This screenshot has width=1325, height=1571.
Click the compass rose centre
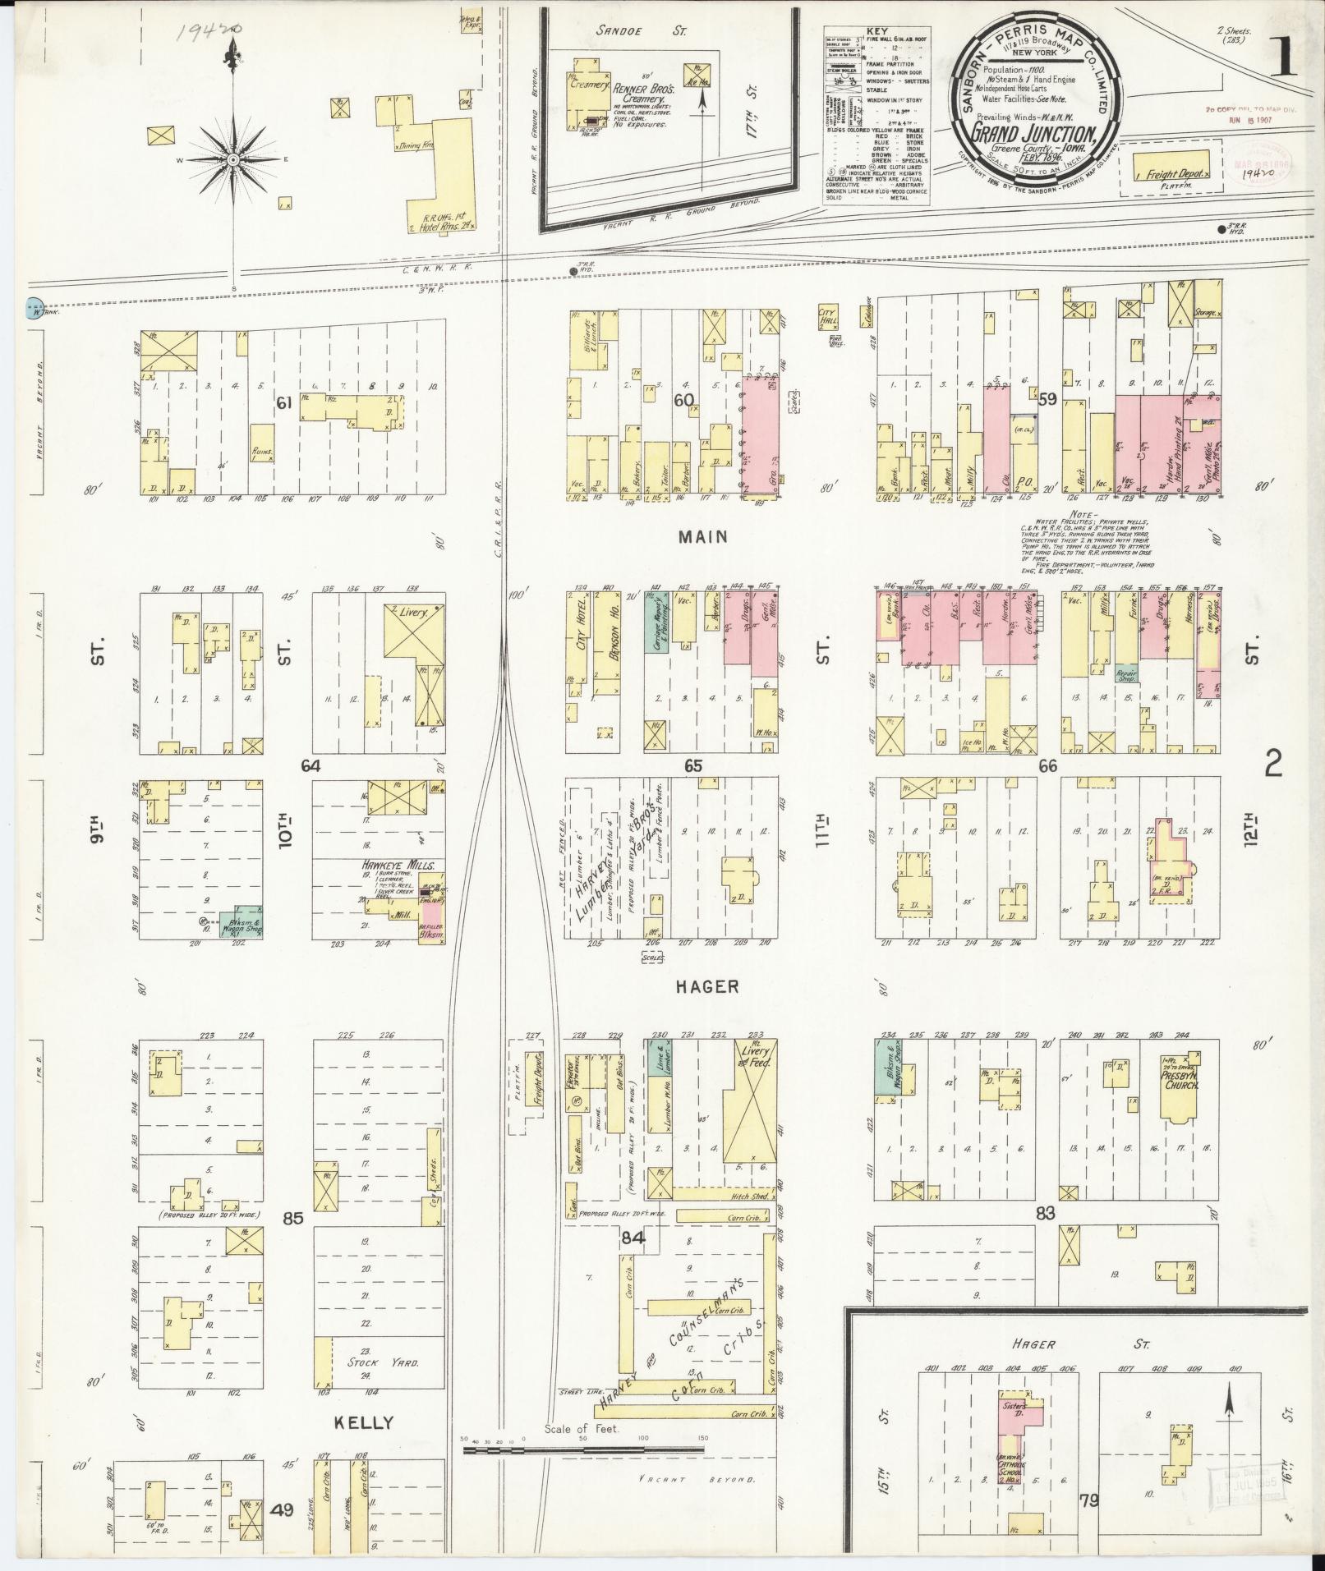[x=233, y=159]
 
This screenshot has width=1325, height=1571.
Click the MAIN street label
[x=703, y=537]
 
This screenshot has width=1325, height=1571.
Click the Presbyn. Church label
[x=1180, y=1079]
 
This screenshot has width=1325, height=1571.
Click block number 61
[x=284, y=402]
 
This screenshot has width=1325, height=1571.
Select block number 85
[x=293, y=1218]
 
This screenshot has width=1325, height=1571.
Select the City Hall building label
[x=827, y=316]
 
